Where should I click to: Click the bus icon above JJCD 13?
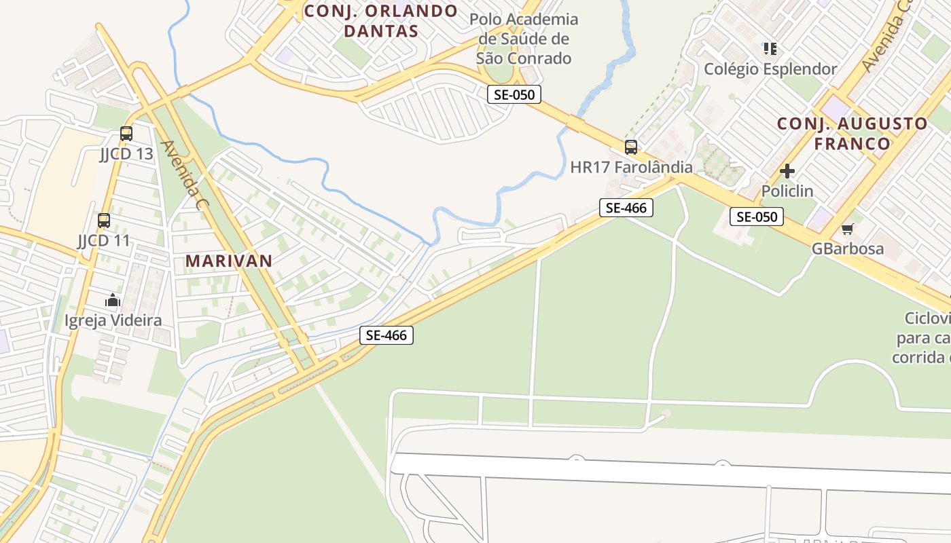[x=126, y=134]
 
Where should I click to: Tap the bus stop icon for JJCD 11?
[x=104, y=221]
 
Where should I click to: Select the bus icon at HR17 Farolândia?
[x=631, y=147]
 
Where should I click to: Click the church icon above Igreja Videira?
[x=113, y=300]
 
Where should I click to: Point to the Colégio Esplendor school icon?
[x=770, y=49]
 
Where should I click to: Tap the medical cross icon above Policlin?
[x=787, y=171]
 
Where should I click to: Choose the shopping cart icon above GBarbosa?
[x=847, y=229]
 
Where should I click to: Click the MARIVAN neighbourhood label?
[x=229, y=261]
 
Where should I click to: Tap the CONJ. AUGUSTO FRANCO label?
[x=852, y=134]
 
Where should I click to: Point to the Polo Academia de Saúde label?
[x=524, y=39]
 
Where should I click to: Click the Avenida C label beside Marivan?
[x=181, y=174]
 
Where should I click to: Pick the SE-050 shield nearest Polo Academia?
[x=514, y=94]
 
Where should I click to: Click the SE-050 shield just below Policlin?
[x=757, y=217]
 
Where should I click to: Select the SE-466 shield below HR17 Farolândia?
[x=626, y=208]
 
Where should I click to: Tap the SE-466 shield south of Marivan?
[x=386, y=335]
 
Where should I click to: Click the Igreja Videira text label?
[x=113, y=320]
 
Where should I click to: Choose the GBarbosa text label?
[x=848, y=248]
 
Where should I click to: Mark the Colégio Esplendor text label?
[x=770, y=69]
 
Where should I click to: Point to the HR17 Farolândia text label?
[x=631, y=167]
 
